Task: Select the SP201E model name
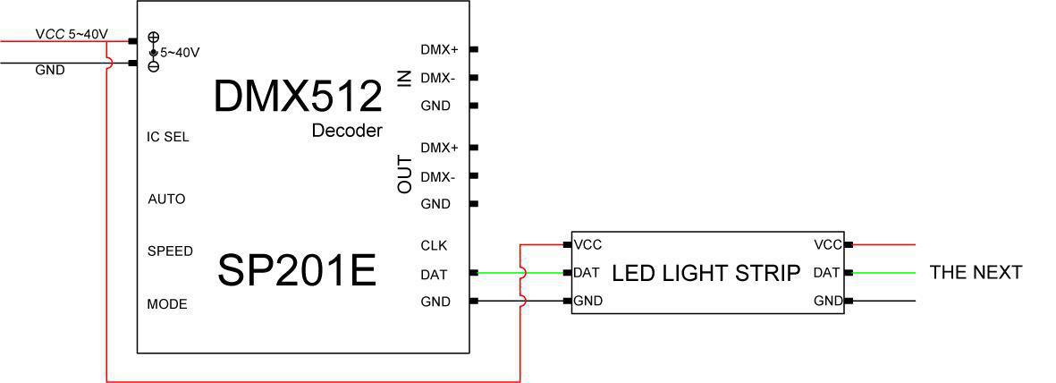click(297, 270)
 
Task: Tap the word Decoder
click(347, 131)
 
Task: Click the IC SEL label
click(168, 137)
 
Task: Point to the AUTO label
click(166, 199)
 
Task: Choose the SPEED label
click(170, 251)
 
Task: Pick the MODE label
click(167, 304)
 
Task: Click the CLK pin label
click(434, 245)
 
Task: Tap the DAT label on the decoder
click(434, 274)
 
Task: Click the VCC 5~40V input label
click(72, 34)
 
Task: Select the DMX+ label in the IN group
click(439, 49)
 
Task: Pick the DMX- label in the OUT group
click(437, 177)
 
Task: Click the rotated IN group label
click(405, 78)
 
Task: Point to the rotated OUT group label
click(405, 174)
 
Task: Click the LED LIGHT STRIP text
click(705, 273)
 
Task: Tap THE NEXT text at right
click(976, 272)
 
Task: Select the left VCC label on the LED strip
click(588, 244)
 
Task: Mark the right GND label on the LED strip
click(828, 302)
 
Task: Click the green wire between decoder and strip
click(545, 273)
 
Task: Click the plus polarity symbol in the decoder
click(154, 38)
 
